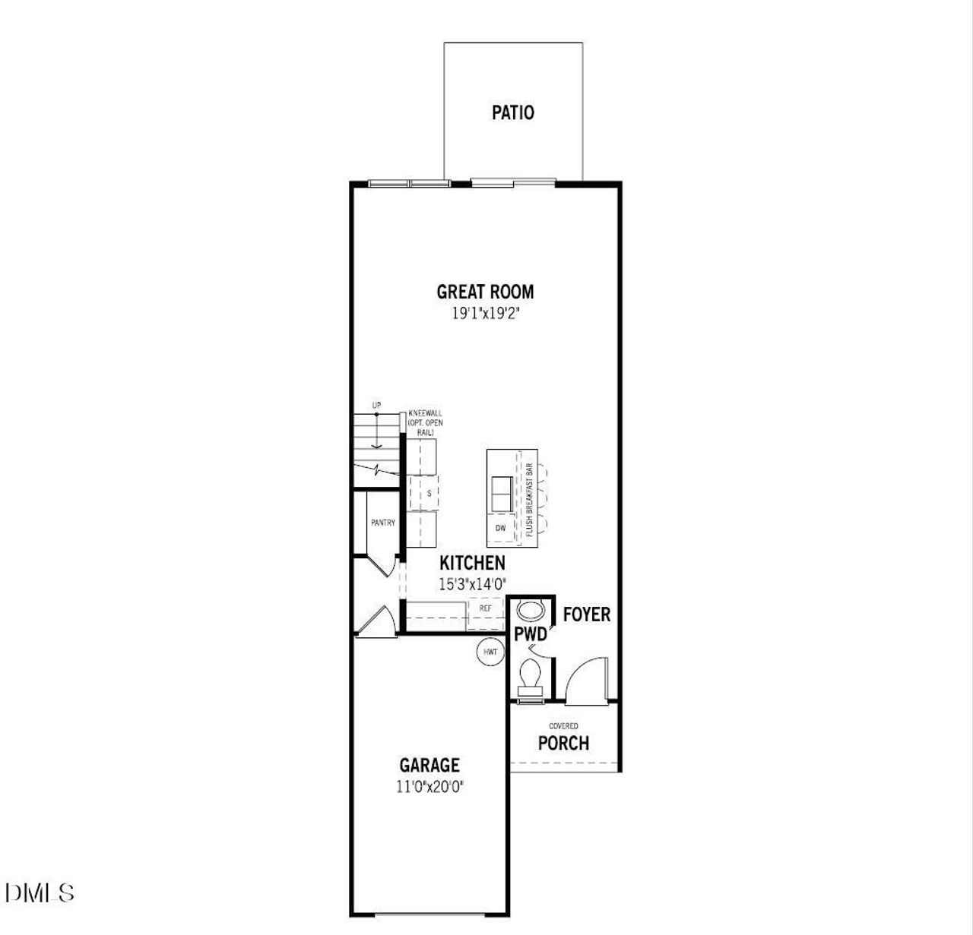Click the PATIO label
tap(513, 113)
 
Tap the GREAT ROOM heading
tap(485, 292)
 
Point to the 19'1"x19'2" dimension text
tap(485, 313)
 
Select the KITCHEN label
tap(472, 563)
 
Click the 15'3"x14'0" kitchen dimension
tap(472, 583)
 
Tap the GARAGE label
tap(429, 766)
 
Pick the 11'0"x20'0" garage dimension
tap(429, 787)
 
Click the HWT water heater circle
tap(490, 652)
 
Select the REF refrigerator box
tap(485, 608)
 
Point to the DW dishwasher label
tap(500, 527)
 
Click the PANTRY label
tap(383, 523)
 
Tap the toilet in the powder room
tap(530, 674)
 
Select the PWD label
tap(530, 634)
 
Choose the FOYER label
tap(586, 614)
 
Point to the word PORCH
tap(563, 743)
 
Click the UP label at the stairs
tap(376, 406)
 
